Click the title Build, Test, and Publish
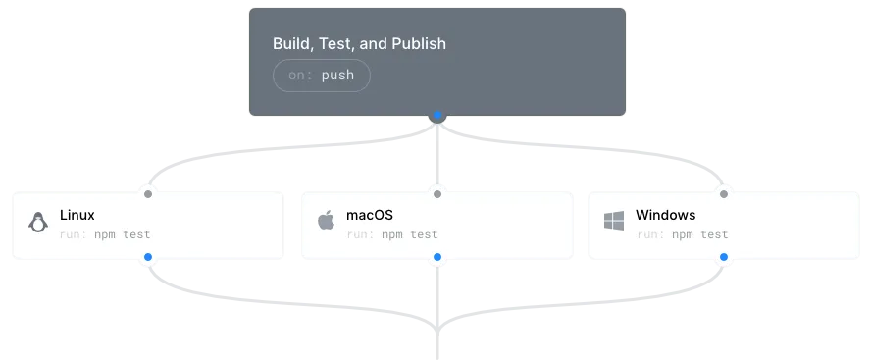tap(359, 44)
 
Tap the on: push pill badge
tap(321, 76)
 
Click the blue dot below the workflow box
tap(437, 116)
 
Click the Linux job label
tap(77, 215)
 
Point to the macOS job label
tap(370, 215)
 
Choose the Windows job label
tap(665, 215)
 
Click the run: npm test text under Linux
tap(105, 234)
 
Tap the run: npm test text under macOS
tap(392, 234)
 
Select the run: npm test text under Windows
tap(682, 234)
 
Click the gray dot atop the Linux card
tap(148, 193)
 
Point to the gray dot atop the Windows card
tap(725, 193)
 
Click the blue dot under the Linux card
tap(148, 257)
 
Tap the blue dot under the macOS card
tap(437, 257)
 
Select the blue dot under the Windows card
tap(725, 257)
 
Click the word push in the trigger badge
tap(337, 76)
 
